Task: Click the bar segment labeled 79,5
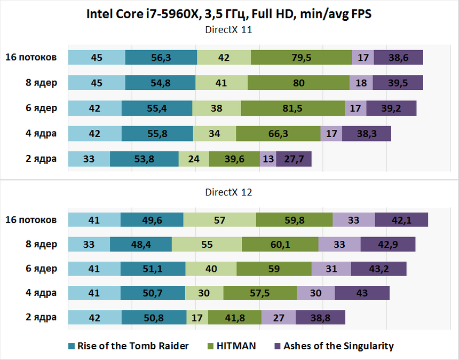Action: [302, 58]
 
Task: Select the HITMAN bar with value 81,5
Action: [292, 108]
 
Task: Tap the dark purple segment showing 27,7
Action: [294, 159]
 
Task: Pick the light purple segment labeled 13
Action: [268, 159]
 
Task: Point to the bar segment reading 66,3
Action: [278, 134]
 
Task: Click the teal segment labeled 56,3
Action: [161, 58]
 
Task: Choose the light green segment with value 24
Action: [194, 159]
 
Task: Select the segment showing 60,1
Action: [280, 245]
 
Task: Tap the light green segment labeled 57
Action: [219, 220]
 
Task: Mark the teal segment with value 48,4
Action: [141, 245]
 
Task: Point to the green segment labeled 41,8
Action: [235, 317]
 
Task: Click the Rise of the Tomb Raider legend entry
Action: [128, 346]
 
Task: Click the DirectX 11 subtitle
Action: [229, 30]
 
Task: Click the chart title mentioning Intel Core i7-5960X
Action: [229, 14]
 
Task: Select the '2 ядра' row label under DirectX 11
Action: [41, 159]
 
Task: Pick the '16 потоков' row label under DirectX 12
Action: [30, 220]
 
